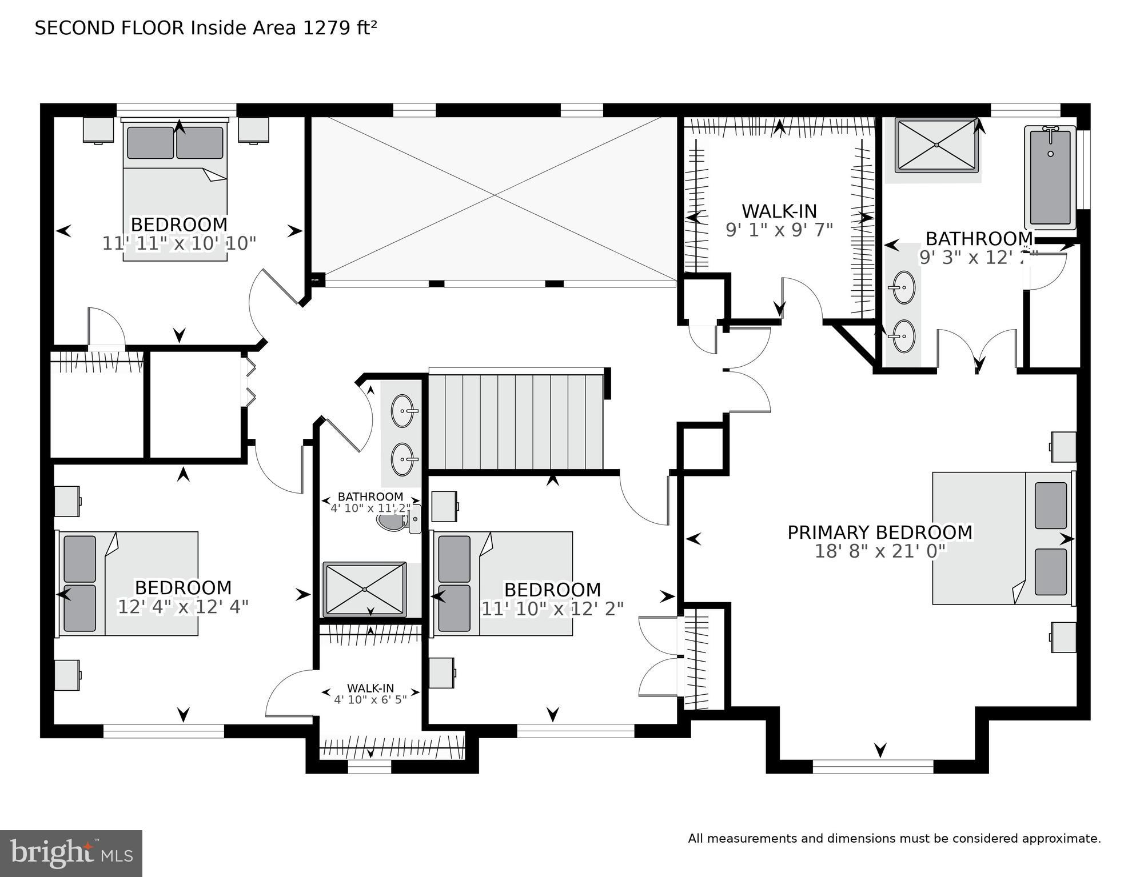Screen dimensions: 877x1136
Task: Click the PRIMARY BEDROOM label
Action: coord(879,532)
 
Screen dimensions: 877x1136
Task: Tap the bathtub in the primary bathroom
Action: coord(1050,178)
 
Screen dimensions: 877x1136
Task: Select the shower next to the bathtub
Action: coord(936,145)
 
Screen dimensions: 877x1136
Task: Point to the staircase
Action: coord(516,422)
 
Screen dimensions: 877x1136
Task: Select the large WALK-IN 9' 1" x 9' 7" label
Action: coord(779,220)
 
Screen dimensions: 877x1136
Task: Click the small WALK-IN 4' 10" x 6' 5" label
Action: coord(370,694)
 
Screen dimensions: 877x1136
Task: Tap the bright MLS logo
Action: coord(71,853)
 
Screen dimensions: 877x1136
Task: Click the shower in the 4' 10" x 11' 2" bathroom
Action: coord(365,590)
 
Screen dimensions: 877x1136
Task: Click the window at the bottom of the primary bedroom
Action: coord(872,767)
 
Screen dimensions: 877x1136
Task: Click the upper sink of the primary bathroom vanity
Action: coord(903,287)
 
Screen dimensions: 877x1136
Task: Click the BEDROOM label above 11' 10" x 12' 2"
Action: coord(552,590)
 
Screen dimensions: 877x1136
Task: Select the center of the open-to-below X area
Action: coord(494,196)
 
